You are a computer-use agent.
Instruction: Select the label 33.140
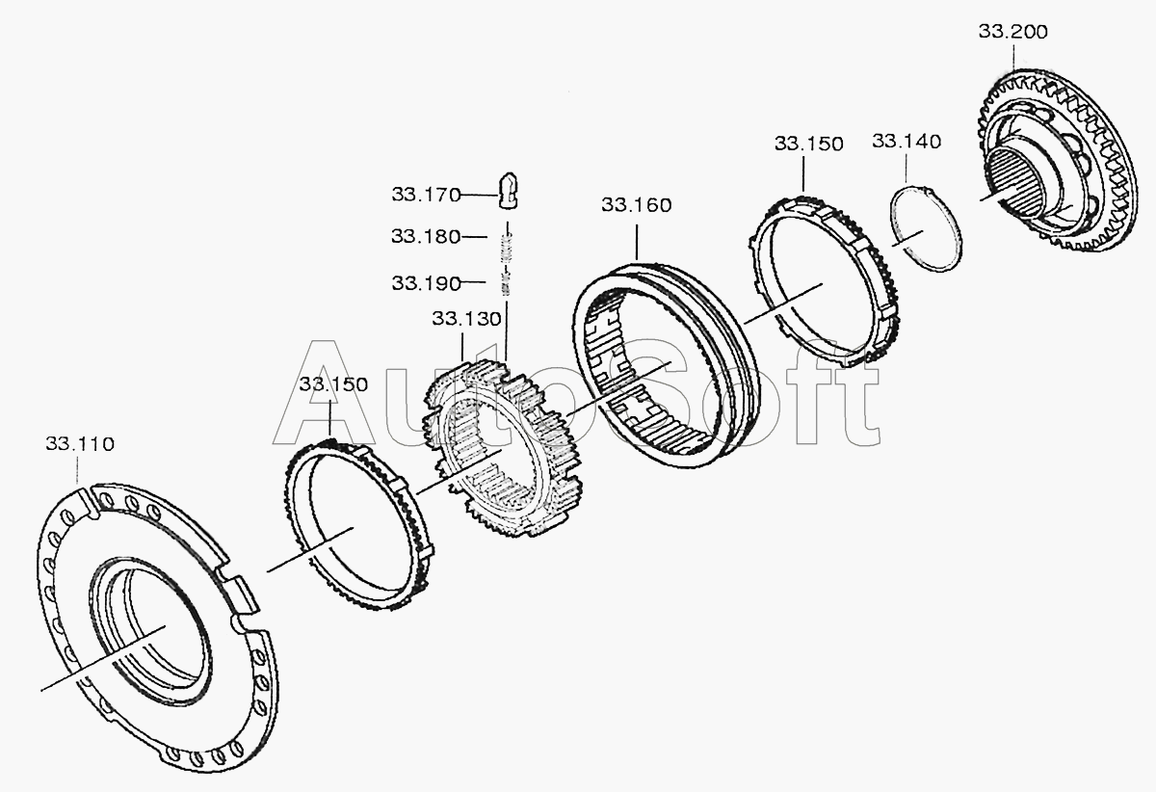point(906,142)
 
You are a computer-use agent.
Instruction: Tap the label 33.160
point(637,205)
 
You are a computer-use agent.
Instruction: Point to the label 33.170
point(426,195)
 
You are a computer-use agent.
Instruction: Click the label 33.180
point(426,236)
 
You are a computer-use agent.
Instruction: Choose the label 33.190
point(426,283)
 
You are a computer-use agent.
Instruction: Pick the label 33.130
point(466,319)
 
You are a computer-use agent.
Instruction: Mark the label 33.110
point(80,444)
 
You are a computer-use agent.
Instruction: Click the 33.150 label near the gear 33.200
point(808,144)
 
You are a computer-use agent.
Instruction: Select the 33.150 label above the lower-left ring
point(333,384)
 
